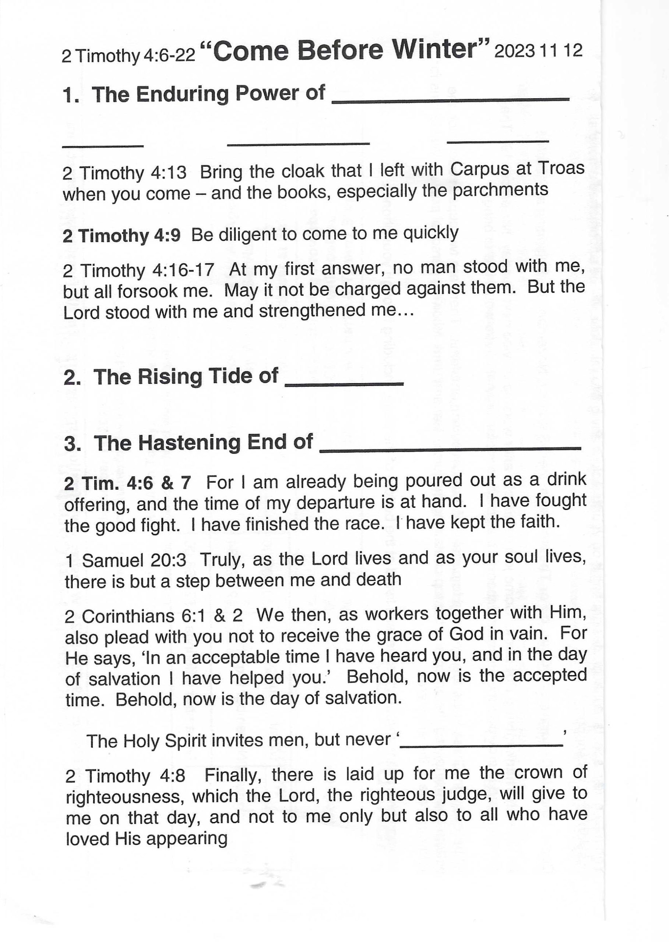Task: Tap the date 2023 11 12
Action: tap(538, 51)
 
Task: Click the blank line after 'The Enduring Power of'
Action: tap(450, 99)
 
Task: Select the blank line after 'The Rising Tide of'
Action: tap(344, 384)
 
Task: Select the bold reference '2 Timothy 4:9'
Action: tap(122, 235)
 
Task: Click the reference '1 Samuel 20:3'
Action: tap(126, 560)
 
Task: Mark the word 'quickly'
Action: tap(430, 233)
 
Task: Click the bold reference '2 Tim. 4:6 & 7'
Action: tap(128, 484)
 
